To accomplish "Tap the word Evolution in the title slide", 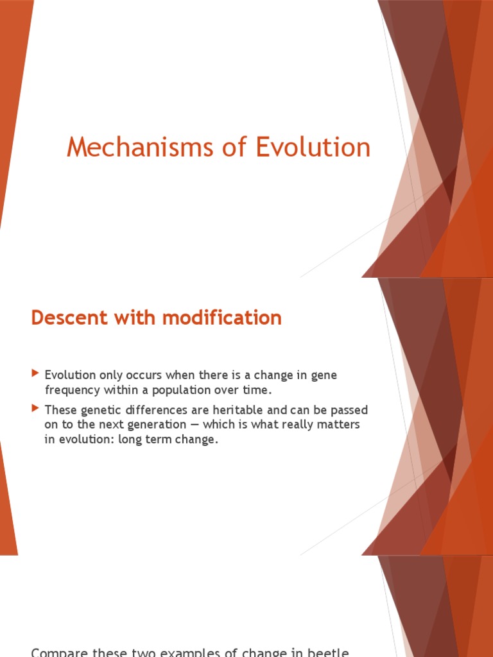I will (313, 148).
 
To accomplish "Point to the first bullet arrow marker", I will (35, 374).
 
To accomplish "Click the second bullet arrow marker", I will (35, 409).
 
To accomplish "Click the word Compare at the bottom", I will (57, 653).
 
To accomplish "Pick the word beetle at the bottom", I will (327, 653).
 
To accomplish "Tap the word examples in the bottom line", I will (181, 653).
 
